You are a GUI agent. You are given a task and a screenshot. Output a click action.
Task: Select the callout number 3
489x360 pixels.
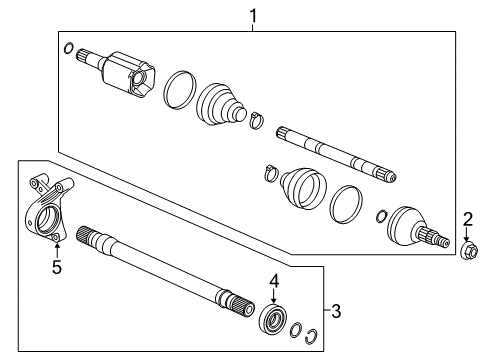click(x=335, y=311)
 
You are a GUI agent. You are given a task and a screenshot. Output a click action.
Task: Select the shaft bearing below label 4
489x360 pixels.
click(x=272, y=321)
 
